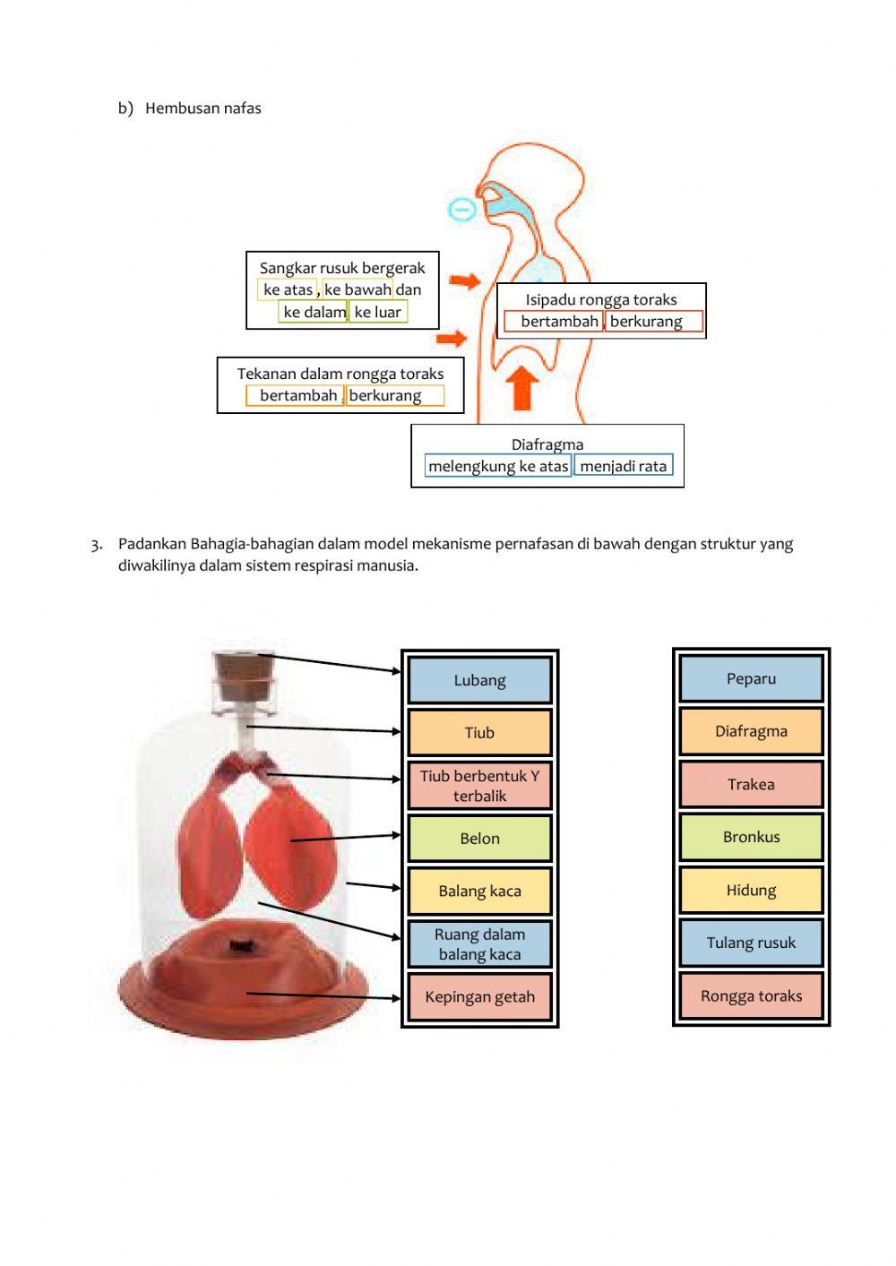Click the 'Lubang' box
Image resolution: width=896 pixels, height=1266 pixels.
pyautogui.click(x=479, y=680)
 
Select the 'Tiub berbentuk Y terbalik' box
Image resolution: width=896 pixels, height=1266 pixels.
pyautogui.click(x=479, y=786)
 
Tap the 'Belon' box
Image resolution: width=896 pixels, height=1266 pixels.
pyautogui.click(x=479, y=839)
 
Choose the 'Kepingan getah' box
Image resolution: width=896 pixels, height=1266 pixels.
pyautogui.click(x=479, y=997)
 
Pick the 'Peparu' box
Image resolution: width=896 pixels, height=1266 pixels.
pyautogui.click(x=751, y=678)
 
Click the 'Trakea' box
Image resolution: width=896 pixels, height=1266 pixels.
pyautogui.click(x=751, y=784)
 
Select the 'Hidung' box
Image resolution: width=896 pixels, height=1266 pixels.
pyautogui.click(x=751, y=890)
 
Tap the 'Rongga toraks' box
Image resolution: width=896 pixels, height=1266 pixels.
pyautogui.click(x=751, y=995)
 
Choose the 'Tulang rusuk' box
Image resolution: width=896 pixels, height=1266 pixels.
pyautogui.click(x=751, y=943)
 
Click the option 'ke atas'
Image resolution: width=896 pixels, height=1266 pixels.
pyautogui.click(x=288, y=289)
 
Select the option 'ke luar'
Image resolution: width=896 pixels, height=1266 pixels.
pyautogui.click(x=378, y=312)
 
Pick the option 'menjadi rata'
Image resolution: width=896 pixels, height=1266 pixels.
pyautogui.click(x=623, y=466)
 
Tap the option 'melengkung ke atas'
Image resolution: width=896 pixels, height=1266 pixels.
pyautogui.click(x=498, y=466)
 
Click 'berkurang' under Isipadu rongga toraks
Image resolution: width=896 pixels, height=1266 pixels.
pyautogui.click(x=652, y=322)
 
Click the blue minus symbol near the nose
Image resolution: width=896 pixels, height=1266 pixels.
pyautogui.click(x=462, y=210)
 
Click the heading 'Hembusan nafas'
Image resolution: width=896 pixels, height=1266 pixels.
pyautogui.click(x=203, y=108)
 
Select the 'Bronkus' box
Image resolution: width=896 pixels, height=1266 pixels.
pyautogui.click(x=751, y=837)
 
